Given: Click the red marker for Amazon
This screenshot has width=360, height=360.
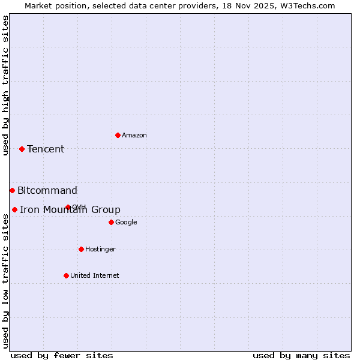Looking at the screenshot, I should pos(118,135).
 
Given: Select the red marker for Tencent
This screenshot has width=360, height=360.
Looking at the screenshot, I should pos(22,149).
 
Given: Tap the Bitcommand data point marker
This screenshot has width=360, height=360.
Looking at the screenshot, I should pos(12,190).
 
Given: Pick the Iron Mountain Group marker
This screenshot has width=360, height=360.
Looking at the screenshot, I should pos(14,209).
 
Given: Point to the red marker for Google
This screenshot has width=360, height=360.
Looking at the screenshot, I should pos(111,222).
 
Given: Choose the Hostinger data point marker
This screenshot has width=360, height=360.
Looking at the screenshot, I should pos(81,249).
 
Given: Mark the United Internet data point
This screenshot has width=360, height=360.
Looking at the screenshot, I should pos(66,275).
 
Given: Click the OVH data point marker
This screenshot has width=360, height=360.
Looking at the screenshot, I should pos(68,207).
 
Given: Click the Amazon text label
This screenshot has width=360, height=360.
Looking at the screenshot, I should pos(134,136).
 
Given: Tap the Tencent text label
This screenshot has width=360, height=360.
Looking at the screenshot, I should pos(46,149).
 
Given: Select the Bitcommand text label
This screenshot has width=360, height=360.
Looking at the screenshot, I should pos(47,191).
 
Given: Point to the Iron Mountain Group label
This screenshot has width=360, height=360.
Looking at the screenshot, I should pos(70,210).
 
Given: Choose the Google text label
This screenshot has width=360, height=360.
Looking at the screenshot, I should pos(126,223).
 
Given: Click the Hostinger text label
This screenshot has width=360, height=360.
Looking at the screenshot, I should pos(100,250).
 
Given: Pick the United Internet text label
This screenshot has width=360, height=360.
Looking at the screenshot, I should pos(95,276).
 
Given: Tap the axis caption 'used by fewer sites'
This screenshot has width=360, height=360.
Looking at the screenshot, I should pos(62,355).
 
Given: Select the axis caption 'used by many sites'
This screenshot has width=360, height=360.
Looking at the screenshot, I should pos(301,355).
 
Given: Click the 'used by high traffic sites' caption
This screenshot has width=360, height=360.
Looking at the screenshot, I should pos(6,85).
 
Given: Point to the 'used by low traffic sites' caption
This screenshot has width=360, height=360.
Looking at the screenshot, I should pos(6,281).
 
